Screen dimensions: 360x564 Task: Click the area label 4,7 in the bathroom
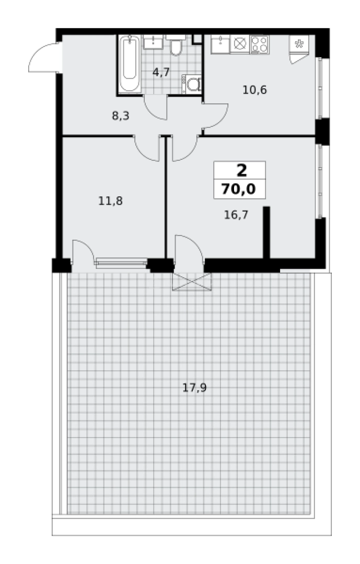pyautogui.click(x=161, y=72)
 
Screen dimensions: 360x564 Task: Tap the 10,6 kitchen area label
pyautogui.click(x=254, y=90)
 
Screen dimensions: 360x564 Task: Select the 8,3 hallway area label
pyautogui.click(x=121, y=116)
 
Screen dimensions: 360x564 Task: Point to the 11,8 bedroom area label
pyautogui.click(x=111, y=201)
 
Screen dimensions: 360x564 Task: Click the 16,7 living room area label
pyautogui.click(x=236, y=215)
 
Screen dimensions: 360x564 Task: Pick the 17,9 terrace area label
pyautogui.click(x=194, y=387)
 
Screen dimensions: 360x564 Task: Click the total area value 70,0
pyautogui.click(x=239, y=189)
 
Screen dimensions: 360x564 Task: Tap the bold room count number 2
pyautogui.click(x=241, y=170)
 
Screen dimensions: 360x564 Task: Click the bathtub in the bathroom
pyautogui.click(x=129, y=64)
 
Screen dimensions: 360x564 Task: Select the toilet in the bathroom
pyautogui.click(x=176, y=45)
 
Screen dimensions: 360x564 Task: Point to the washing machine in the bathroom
pyautogui.click(x=192, y=85)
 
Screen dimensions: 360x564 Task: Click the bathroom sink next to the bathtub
pyautogui.click(x=153, y=42)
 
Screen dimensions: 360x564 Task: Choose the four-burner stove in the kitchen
pyautogui.click(x=260, y=44)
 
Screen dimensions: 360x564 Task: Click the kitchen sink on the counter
pyautogui.click(x=220, y=44)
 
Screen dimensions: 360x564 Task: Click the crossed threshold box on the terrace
pyautogui.click(x=192, y=281)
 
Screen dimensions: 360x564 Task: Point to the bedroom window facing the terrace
pyautogui.click(x=122, y=263)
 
